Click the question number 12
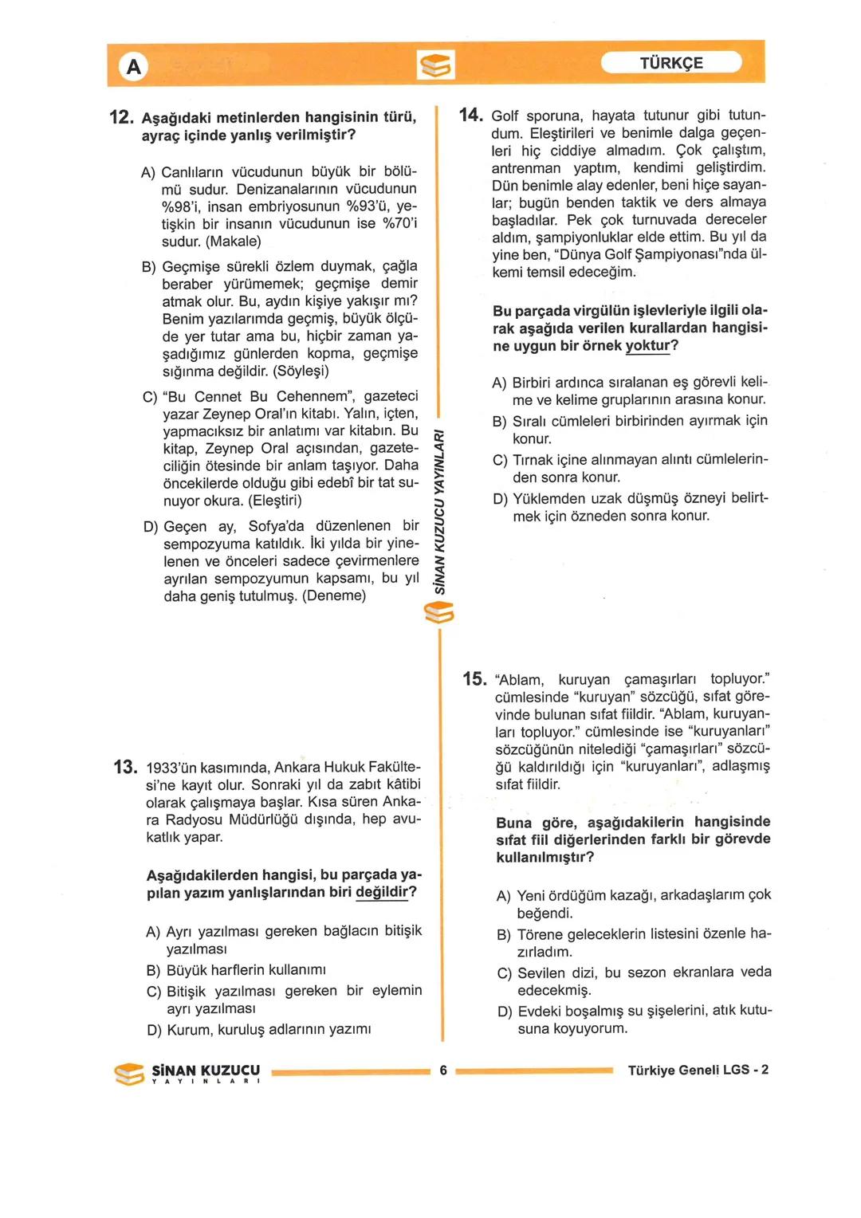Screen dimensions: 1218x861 click(120, 118)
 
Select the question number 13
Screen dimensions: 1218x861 click(125, 767)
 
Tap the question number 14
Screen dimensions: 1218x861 click(471, 115)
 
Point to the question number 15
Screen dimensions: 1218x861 click(474, 679)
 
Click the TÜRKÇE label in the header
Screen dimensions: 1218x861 click(671, 63)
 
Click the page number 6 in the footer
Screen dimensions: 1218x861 click(443, 1071)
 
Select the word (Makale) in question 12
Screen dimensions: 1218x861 click(234, 242)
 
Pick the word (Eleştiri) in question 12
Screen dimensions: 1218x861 click(276, 501)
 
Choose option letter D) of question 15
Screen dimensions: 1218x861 click(505, 1012)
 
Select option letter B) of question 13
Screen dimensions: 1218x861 click(154, 970)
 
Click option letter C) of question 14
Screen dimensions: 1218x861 click(500, 460)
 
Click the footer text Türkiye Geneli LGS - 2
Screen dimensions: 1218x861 click(698, 1071)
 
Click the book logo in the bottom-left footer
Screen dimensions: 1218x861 click(130, 1074)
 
